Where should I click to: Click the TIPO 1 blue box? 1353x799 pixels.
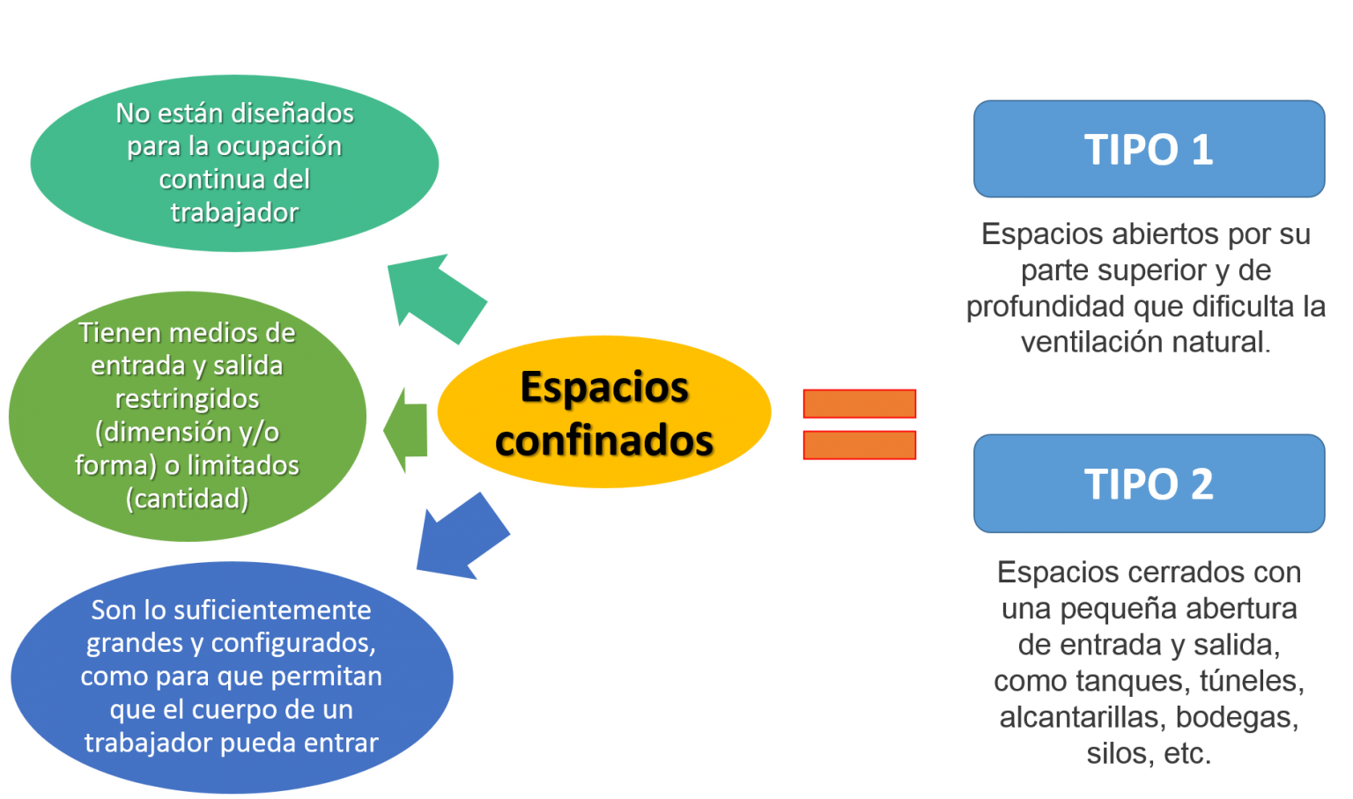1149,149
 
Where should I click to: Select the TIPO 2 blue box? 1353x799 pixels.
1149,484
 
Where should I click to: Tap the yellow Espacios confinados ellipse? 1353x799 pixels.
604,411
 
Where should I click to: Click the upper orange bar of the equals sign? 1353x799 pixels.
859,403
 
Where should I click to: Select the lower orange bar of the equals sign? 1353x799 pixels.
859,445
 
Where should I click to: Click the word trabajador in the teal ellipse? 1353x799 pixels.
234,212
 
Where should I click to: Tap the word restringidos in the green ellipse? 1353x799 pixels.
187,398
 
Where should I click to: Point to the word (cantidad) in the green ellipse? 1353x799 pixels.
187,499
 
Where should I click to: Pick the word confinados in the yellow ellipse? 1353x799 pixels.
604,440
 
